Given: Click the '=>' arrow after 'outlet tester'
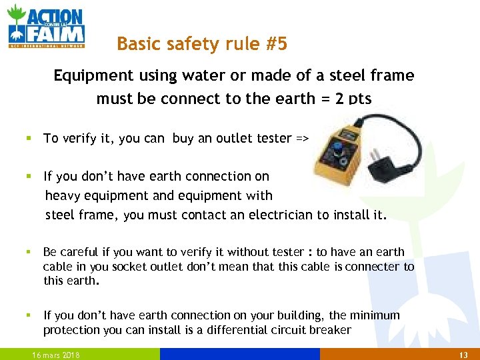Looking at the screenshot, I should [303, 139].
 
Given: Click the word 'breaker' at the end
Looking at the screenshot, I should [331, 330].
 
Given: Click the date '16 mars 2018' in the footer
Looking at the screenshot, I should [56, 355].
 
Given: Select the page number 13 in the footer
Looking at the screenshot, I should [465, 355].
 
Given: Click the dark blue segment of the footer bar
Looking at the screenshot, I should [240, 354].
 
